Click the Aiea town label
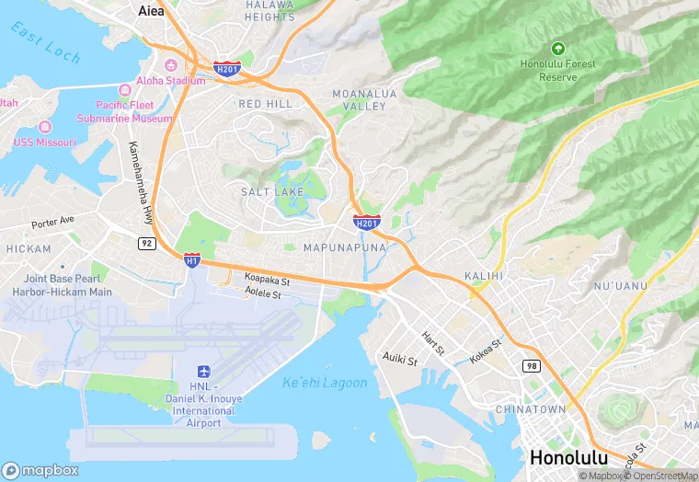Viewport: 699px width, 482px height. coord(150,11)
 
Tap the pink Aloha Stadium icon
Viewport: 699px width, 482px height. coord(171,65)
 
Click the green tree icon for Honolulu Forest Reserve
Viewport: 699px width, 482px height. coord(557,48)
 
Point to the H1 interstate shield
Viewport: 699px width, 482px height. coord(191,260)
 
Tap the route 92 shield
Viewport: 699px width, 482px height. coord(146,243)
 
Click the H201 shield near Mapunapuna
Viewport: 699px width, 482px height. coord(367,223)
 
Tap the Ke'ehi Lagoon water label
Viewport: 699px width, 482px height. coord(325,383)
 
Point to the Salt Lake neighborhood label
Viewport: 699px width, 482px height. coord(271,191)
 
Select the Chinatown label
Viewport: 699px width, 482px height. coord(530,408)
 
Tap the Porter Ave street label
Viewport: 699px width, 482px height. coord(52,223)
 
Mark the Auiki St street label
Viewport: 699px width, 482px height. coord(400,359)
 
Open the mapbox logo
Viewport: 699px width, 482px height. coord(40,469)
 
